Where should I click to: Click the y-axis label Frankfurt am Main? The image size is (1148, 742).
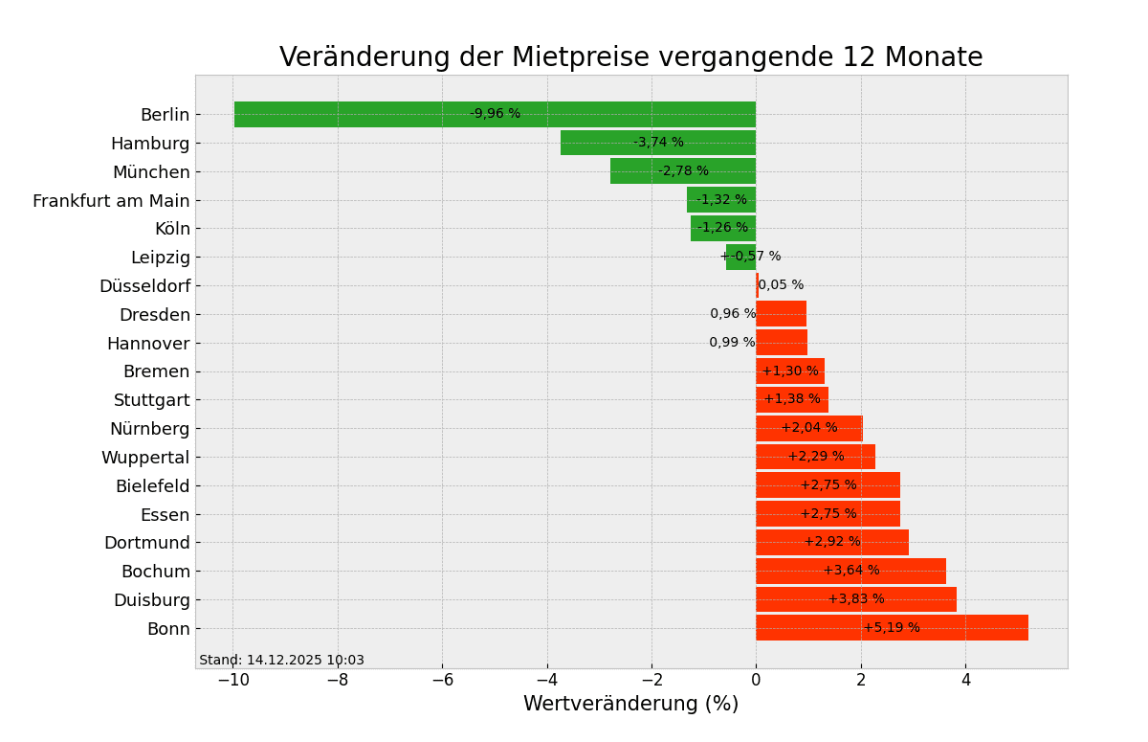click(111, 200)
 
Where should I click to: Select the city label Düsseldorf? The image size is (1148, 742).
click(144, 286)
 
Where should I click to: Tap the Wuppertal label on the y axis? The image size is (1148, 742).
click(145, 458)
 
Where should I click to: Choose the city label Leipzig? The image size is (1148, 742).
click(160, 258)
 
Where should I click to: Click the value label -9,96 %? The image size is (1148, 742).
click(495, 114)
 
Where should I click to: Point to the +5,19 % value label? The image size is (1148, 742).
click(892, 628)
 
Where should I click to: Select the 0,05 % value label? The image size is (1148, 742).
click(781, 285)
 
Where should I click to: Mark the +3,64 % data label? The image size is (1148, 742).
click(851, 571)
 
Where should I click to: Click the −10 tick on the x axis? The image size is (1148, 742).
click(232, 680)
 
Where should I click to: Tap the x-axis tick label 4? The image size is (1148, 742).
click(965, 680)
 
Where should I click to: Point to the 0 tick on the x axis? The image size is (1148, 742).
click(756, 680)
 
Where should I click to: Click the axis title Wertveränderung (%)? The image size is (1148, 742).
click(630, 705)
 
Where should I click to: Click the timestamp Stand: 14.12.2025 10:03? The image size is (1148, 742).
click(281, 661)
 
